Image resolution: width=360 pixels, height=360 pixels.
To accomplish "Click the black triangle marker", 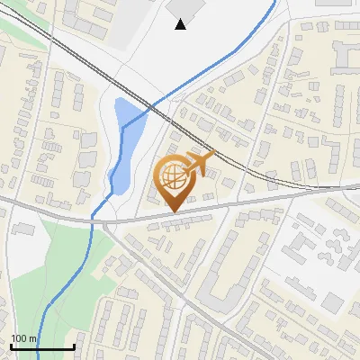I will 181,24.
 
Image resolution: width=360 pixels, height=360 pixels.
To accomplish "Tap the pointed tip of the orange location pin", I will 173,211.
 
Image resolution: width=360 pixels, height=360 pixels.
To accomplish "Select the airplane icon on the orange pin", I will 201,165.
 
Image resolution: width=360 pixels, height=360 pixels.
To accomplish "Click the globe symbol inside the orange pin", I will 173,177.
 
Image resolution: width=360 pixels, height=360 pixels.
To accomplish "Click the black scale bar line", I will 41,346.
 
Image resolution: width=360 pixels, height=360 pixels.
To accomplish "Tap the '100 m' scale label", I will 23,338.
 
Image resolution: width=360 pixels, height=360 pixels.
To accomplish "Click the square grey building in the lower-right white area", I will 332,302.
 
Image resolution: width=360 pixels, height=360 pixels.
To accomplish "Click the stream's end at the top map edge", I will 273,2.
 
